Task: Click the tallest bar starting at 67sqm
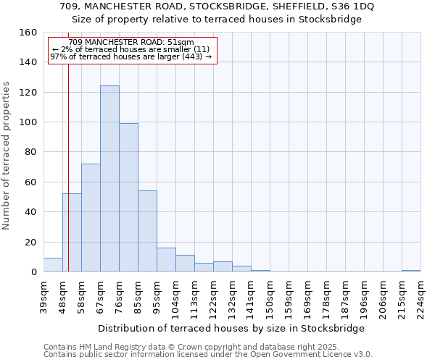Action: [109, 179]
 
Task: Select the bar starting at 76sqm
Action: [128, 198]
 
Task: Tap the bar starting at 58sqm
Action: [91, 218]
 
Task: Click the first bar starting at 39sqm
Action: [53, 265]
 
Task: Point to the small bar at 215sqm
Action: [411, 271]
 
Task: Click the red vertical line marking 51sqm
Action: [68, 167]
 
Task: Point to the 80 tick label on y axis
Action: [31, 153]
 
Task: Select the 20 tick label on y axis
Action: [31, 243]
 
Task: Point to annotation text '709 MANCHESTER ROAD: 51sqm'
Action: [132, 43]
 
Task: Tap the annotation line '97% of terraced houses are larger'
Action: [130, 56]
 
